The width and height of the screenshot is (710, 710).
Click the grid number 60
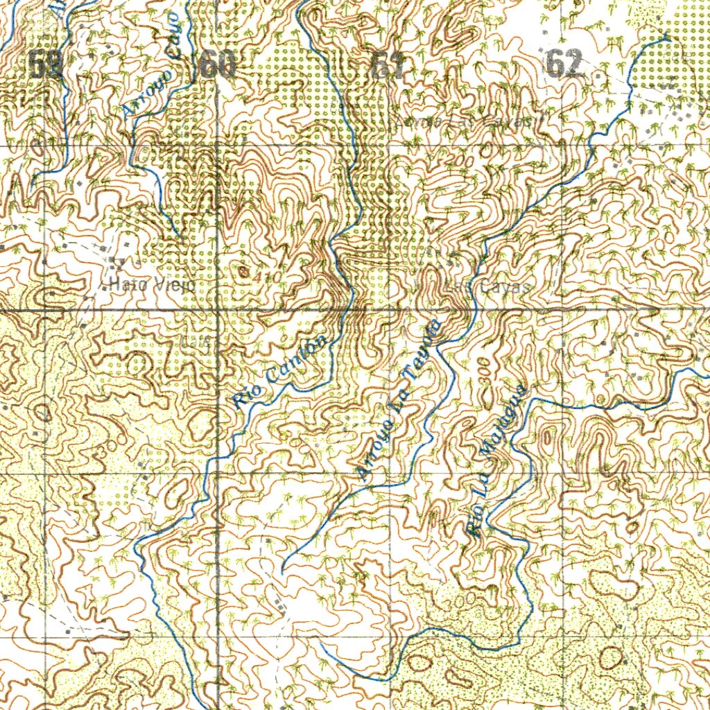point(217,66)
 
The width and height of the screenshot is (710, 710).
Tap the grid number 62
point(563,64)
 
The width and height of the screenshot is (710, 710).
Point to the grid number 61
point(388,66)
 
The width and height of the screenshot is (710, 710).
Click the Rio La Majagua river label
point(496,462)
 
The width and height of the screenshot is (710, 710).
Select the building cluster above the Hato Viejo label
point(116,263)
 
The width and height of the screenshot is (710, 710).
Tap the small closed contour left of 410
point(243,270)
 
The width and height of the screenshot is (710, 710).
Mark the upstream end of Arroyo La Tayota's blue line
point(283,573)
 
